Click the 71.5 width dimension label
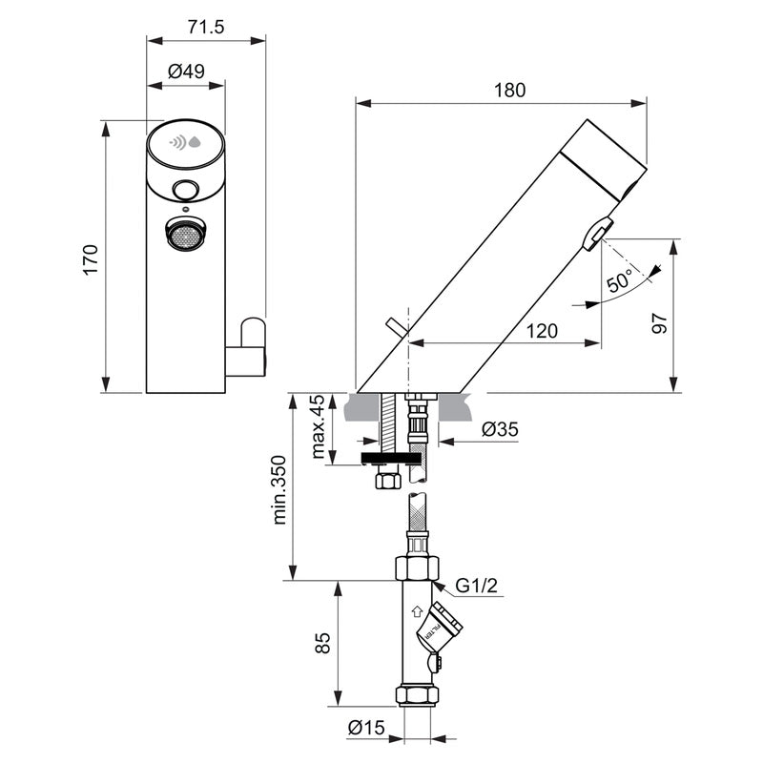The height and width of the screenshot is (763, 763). [x=205, y=28]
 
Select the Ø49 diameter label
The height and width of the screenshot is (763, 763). [x=186, y=71]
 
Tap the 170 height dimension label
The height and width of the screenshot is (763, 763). [x=91, y=258]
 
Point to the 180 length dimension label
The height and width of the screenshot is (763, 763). [x=509, y=90]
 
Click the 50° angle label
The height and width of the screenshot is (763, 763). [x=619, y=283]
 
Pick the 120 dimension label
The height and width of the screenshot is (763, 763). [x=543, y=331]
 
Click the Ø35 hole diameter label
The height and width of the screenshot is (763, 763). [x=499, y=429]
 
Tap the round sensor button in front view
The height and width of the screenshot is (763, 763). [x=186, y=190]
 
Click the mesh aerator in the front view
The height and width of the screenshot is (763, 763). [x=186, y=233]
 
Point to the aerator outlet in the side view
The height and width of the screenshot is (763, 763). [x=598, y=233]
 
